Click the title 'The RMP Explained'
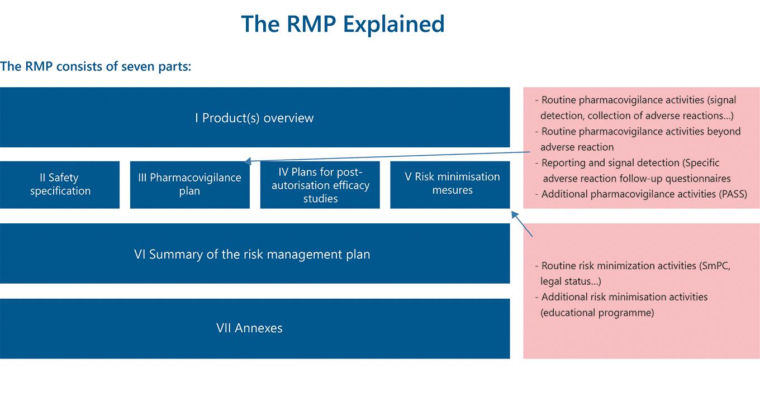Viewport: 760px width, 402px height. click(343, 25)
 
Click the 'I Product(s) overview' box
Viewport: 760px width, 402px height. click(254, 118)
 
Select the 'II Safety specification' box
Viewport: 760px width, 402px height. click(60, 184)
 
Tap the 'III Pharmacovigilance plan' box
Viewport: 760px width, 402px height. click(189, 184)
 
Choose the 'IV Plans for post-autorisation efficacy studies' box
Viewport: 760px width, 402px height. click(320, 185)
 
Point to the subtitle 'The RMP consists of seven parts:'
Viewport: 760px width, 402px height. click(96, 66)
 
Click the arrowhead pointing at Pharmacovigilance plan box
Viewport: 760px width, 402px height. click(248, 162)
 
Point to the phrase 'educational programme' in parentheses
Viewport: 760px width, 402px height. click(597, 313)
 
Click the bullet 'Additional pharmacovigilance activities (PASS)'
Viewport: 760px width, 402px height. click(643, 194)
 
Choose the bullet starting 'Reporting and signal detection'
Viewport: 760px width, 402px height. click(630, 163)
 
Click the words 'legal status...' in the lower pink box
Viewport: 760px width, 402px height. click(571, 281)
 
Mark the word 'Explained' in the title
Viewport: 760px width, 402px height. click(395, 25)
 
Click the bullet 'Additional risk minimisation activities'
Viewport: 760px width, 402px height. click(624, 297)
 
